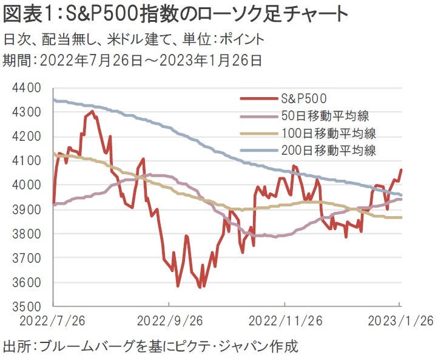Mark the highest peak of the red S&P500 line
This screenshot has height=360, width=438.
[92, 111]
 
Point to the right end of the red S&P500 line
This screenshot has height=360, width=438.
[401, 170]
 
